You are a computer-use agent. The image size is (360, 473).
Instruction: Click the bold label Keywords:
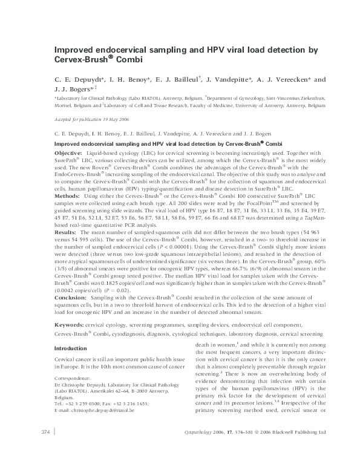pyautogui.click(x=69, y=325)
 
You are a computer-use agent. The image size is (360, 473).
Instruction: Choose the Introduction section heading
pyautogui.click(x=70, y=349)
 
